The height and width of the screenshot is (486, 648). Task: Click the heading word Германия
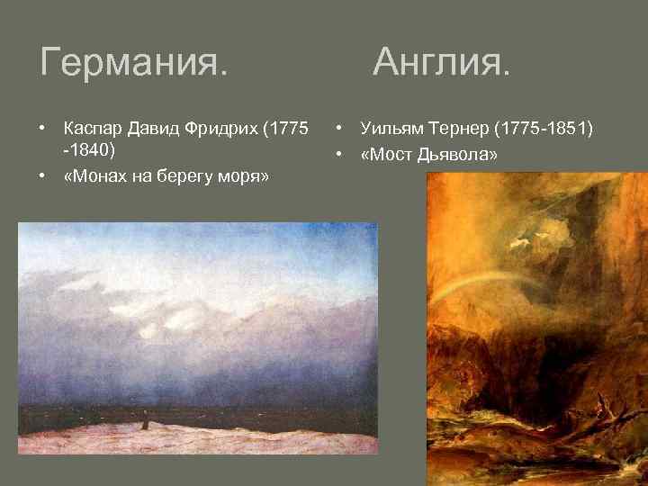pyautogui.click(x=134, y=63)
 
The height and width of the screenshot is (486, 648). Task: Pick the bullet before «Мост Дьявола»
pyautogui.click(x=340, y=154)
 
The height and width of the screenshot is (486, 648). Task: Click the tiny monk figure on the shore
pyautogui.click(x=140, y=418)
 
